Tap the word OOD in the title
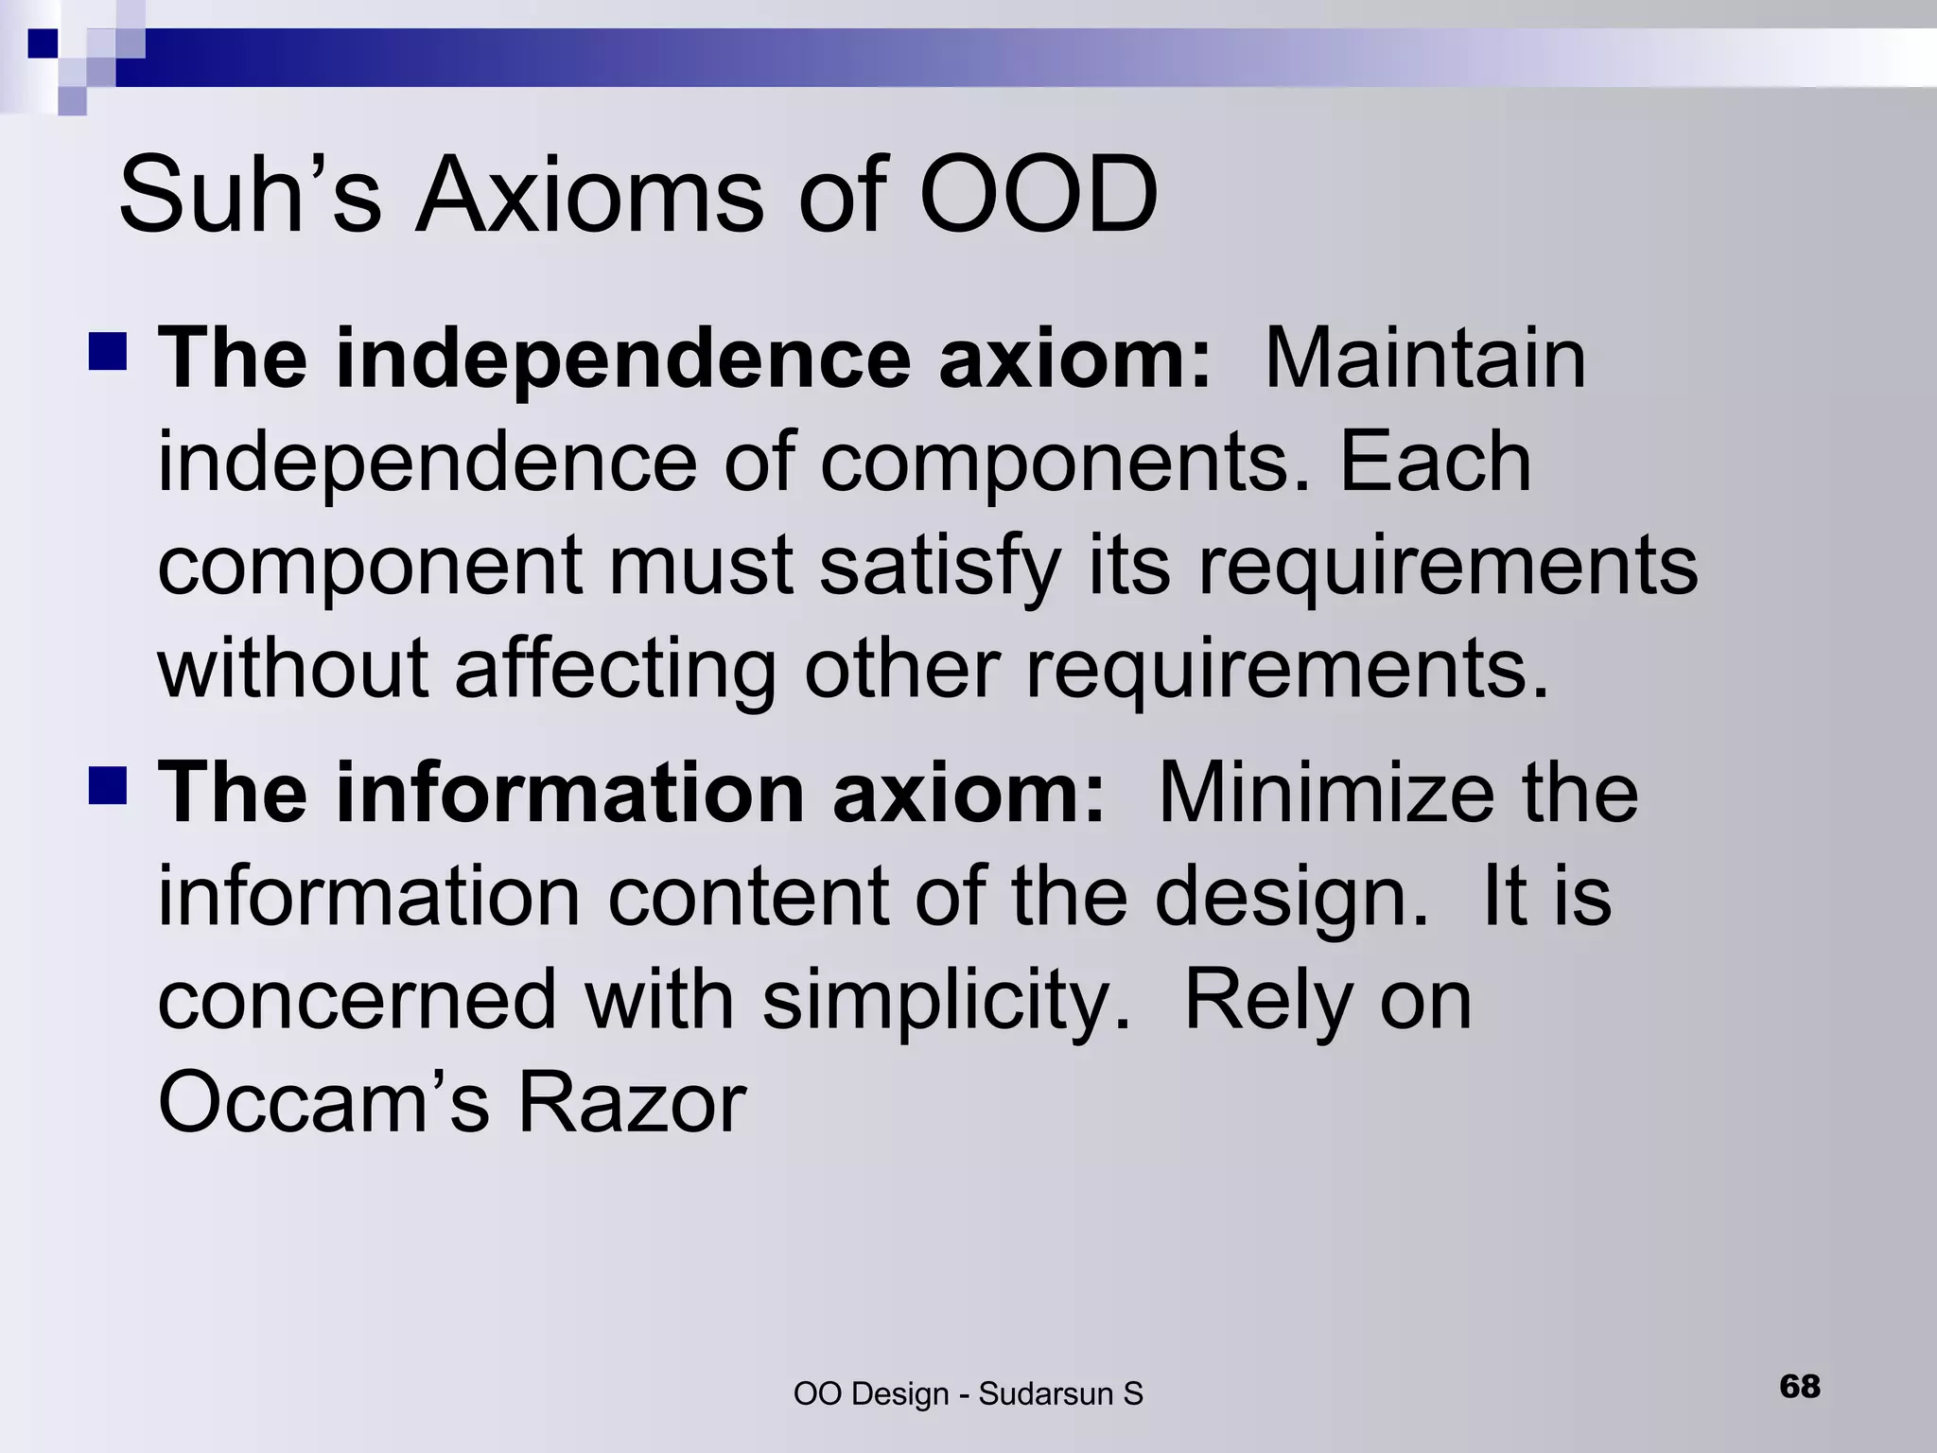click(1038, 197)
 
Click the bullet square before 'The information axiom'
click(108, 785)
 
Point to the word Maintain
click(1424, 359)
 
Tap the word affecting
click(615, 670)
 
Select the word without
click(292, 670)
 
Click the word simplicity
click(947, 1001)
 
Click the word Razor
click(632, 1103)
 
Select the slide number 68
click(1800, 1387)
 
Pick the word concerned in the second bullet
click(358, 1001)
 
